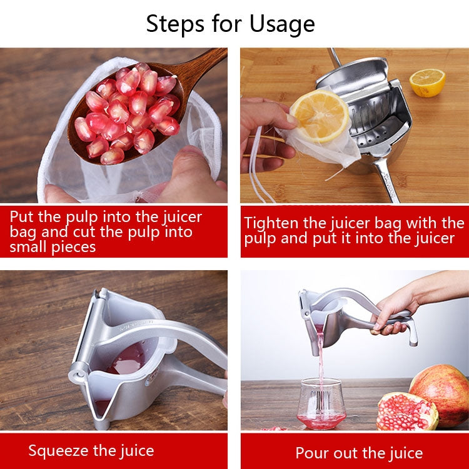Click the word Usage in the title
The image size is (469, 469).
pyautogui.click(x=282, y=24)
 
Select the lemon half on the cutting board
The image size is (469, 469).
pyautogui.click(x=427, y=82)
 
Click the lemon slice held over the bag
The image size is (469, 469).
pyautogui.click(x=320, y=115)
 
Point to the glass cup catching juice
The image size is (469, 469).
pyautogui.click(x=321, y=403)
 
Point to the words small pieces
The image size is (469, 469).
pyautogui.click(x=53, y=246)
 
